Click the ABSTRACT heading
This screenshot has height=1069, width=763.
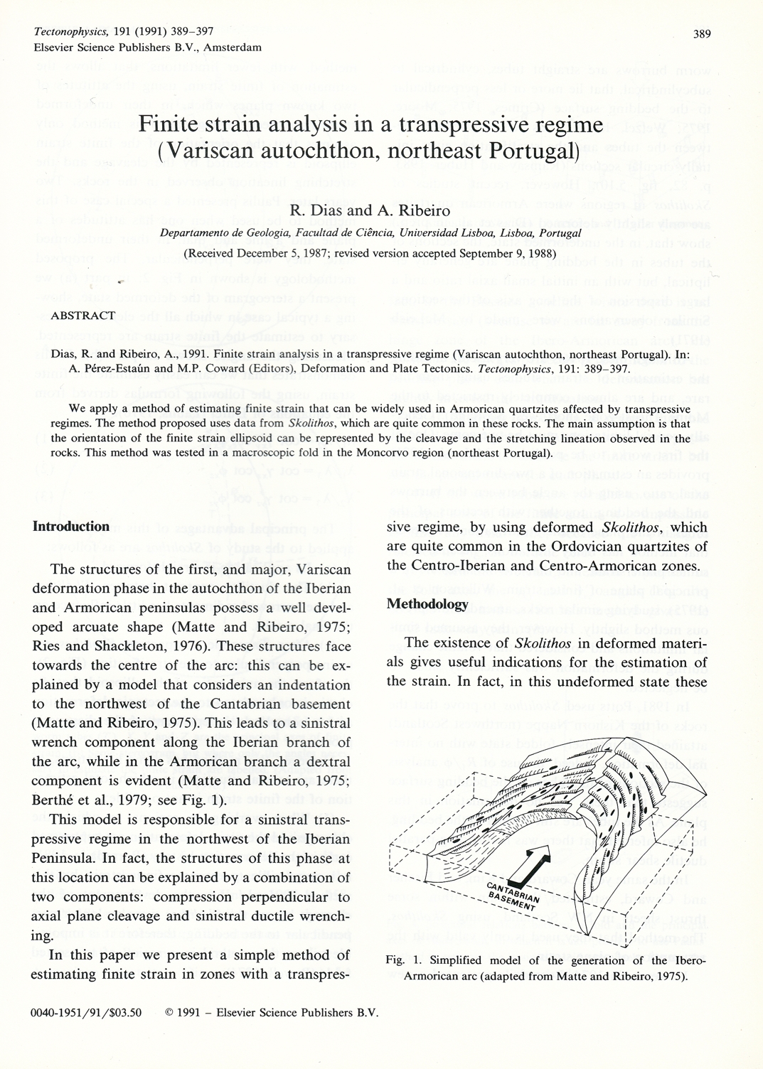[x=83, y=316]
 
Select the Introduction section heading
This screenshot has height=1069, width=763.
[x=71, y=527]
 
